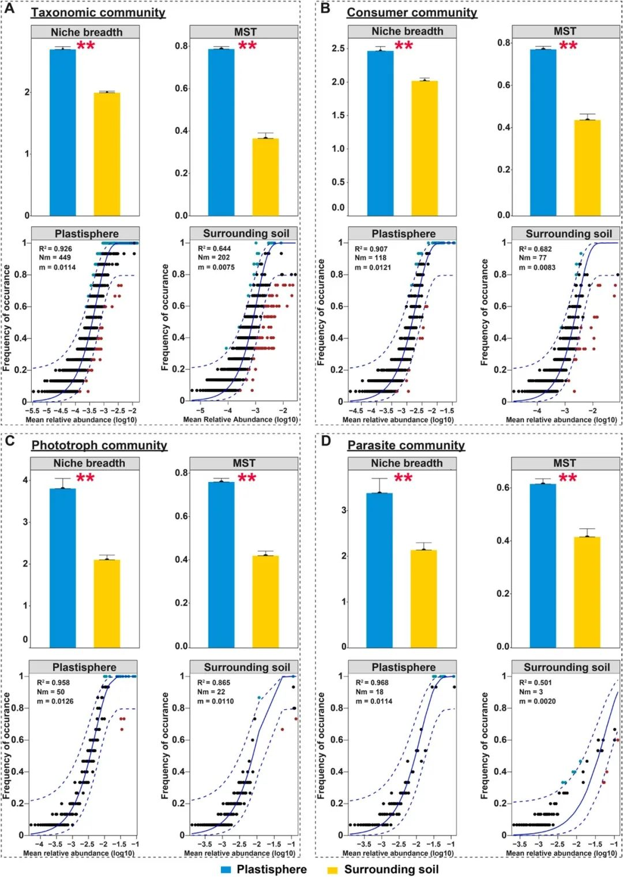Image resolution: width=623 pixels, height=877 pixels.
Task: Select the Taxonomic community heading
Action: tap(98, 12)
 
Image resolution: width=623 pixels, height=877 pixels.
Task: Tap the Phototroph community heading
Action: tap(99, 445)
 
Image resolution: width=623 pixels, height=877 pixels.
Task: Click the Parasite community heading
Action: tap(406, 445)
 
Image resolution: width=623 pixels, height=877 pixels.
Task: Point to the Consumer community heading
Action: tap(412, 12)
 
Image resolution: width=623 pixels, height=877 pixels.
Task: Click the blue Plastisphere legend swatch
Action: tap(226, 870)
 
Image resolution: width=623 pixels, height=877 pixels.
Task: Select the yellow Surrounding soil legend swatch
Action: tap(332, 870)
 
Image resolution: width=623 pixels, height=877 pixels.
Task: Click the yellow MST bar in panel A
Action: tap(265, 176)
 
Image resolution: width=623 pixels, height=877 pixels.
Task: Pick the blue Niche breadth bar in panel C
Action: tap(63, 568)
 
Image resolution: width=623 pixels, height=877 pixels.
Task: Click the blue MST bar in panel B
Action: tap(543, 132)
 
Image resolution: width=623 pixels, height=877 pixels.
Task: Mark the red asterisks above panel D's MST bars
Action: tap(568, 477)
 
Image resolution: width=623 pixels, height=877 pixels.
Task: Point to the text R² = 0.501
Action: tap(535, 683)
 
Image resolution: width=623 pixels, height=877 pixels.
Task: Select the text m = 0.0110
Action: tap(216, 701)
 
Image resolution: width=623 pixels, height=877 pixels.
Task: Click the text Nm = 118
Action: tap(370, 258)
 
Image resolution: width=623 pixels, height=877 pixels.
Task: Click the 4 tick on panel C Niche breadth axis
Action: tap(25, 480)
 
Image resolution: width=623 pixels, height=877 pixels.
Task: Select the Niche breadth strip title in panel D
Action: tap(407, 463)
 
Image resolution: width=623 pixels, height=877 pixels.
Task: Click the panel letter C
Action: tap(9, 441)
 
